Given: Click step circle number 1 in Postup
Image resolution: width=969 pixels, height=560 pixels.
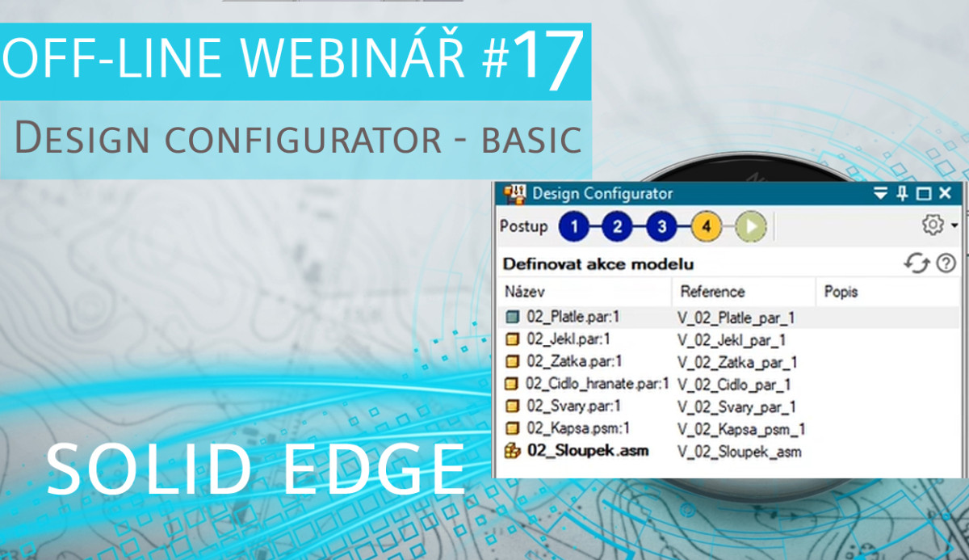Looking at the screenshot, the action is [574, 226].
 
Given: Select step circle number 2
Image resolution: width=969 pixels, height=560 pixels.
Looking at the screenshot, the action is [617, 226].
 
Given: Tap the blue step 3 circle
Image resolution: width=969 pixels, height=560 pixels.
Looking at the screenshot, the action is [661, 226].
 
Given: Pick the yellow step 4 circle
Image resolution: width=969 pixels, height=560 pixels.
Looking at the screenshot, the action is [707, 226].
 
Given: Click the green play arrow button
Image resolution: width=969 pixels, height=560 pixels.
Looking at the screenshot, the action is [751, 226].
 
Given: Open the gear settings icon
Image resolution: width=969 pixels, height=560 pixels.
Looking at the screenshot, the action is [933, 225].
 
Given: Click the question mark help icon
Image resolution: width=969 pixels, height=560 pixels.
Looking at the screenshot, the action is [946, 263].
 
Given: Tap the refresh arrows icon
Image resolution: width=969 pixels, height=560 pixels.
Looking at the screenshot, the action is [917, 263].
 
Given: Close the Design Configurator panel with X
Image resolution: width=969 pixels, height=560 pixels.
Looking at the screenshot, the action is [946, 193].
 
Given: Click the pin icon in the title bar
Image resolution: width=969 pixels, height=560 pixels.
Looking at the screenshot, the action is [903, 193].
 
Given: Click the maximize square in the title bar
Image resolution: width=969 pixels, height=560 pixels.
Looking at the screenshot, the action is [924, 193].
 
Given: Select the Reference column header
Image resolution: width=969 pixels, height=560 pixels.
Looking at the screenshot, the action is [712, 292].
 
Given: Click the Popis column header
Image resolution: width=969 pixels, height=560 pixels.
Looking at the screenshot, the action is [841, 292].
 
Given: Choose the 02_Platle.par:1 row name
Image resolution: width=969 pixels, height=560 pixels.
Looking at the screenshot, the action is [573, 317].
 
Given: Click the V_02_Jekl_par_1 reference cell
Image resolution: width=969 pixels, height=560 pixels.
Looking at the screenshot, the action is [732, 340].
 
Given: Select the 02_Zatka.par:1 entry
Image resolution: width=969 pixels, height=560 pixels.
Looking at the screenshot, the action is [574, 361].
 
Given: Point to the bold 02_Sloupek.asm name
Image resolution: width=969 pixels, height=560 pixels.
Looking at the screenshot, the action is [588, 451].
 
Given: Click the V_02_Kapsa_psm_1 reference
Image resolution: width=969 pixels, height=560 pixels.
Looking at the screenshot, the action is [741, 429].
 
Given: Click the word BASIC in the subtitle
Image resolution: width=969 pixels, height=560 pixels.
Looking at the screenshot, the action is [531, 139].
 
